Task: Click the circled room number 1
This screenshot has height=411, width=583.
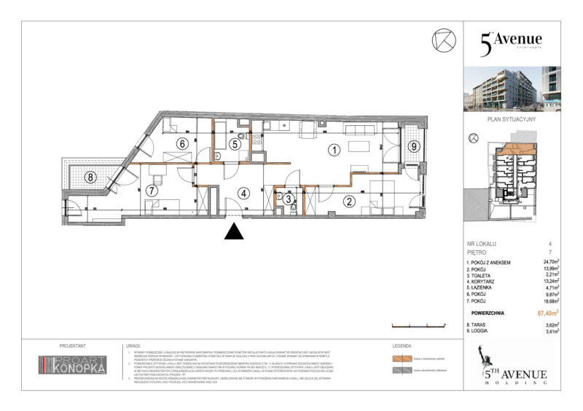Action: pyautogui.click(x=334, y=151)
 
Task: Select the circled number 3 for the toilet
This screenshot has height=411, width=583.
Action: pyautogui.click(x=289, y=198)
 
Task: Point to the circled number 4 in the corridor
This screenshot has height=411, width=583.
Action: pyautogui.click(x=244, y=193)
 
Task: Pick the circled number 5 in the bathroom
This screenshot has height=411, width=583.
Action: pyautogui.click(x=234, y=144)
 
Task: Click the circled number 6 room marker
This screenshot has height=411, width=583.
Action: pyautogui.click(x=182, y=143)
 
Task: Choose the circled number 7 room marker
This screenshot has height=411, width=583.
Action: pyautogui.click(x=152, y=191)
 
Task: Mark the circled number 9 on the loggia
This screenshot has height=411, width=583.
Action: pyautogui.click(x=413, y=146)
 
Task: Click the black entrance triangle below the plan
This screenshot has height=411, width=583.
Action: pyautogui.click(x=233, y=231)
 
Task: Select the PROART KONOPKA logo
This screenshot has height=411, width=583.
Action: pyautogui.click(x=72, y=365)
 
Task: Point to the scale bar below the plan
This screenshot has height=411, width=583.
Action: pyautogui.click(x=416, y=324)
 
